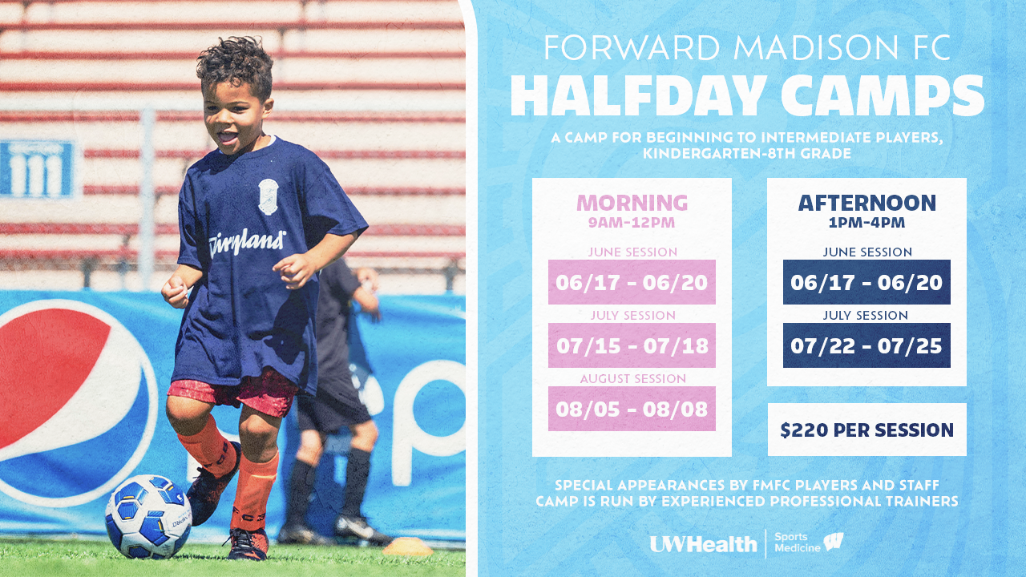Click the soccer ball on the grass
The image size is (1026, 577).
(148, 517)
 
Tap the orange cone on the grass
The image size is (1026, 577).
(407, 547)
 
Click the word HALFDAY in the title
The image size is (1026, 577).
(639, 95)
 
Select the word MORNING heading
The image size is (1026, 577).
(632, 203)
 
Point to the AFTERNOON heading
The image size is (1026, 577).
(867, 203)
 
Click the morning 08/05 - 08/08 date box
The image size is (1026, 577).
(632, 409)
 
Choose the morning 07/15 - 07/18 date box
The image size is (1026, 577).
(632, 345)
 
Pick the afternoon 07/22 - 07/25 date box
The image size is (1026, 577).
(866, 345)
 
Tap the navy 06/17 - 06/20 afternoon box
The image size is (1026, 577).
(866, 282)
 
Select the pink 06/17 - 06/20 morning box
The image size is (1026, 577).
(632, 282)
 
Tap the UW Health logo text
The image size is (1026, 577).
(703, 544)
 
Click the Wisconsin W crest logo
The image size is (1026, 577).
(833, 542)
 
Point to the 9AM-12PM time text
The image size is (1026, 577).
(632, 223)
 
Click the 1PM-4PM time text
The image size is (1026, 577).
(867, 223)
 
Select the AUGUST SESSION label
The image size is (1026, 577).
(633, 379)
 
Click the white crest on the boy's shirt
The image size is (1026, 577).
(269, 197)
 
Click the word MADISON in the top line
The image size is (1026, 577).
(818, 47)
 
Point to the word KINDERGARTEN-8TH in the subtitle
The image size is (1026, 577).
(720, 154)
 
